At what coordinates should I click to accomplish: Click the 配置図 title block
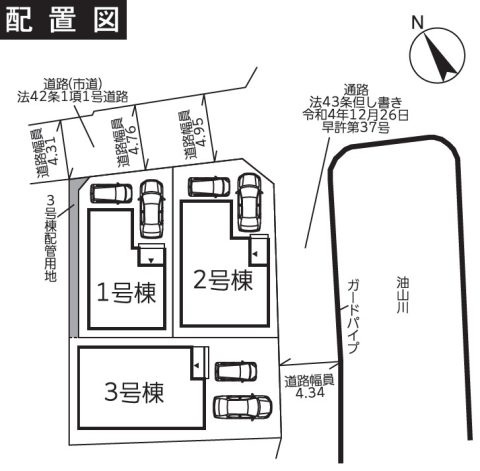tap(63, 20)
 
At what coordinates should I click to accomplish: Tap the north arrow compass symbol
tap(437, 56)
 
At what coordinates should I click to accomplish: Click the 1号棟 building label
tap(126, 293)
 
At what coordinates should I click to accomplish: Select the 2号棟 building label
tap(223, 280)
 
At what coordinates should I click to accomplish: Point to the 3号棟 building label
tap(134, 392)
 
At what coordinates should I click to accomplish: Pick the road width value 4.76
tap(133, 140)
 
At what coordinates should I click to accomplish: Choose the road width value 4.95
tap(202, 132)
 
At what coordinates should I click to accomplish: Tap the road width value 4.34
tap(310, 393)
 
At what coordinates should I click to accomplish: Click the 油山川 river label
tap(403, 296)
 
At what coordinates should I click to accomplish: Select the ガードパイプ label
tap(353, 317)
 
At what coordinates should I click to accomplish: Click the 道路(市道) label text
tap(73, 84)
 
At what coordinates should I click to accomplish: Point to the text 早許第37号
tap(356, 127)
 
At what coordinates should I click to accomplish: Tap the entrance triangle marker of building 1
tap(151, 261)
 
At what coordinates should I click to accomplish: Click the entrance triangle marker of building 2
tap(255, 254)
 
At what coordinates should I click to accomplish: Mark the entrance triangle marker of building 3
tap(197, 365)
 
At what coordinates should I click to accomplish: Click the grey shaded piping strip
tap(74, 257)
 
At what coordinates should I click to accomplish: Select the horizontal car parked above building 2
tap(209, 187)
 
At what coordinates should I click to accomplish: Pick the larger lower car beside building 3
tap(242, 406)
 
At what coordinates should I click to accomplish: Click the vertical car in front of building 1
tap(152, 209)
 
